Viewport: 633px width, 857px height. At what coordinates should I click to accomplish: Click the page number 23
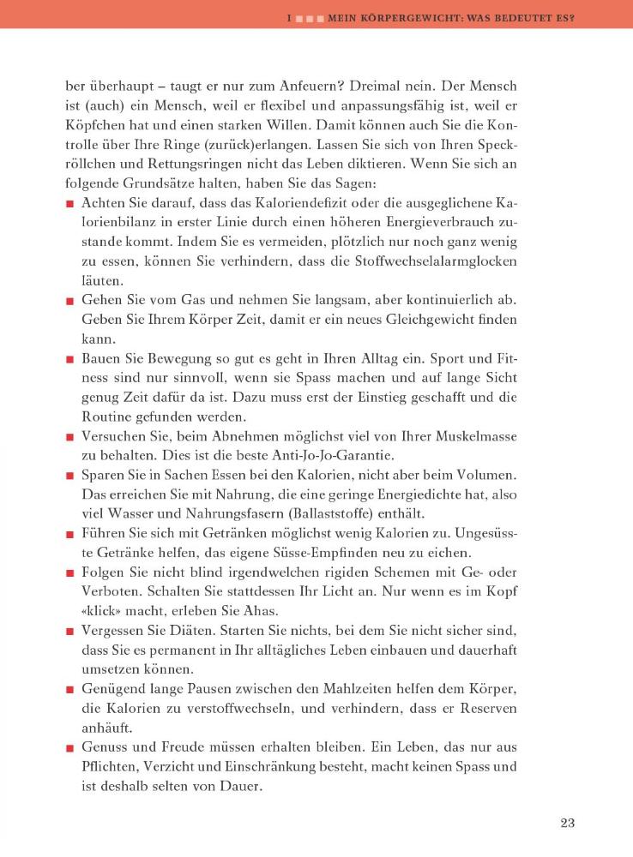click(x=567, y=824)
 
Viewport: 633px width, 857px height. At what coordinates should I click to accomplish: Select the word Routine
click(x=107, y=417)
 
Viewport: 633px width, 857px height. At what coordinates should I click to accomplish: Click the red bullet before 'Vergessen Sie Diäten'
click(x=69, y=632)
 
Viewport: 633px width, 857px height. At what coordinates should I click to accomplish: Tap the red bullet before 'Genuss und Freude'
click(x=69, y=748)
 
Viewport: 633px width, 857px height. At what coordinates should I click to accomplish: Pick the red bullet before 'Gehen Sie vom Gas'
click(x=69, y=303)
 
